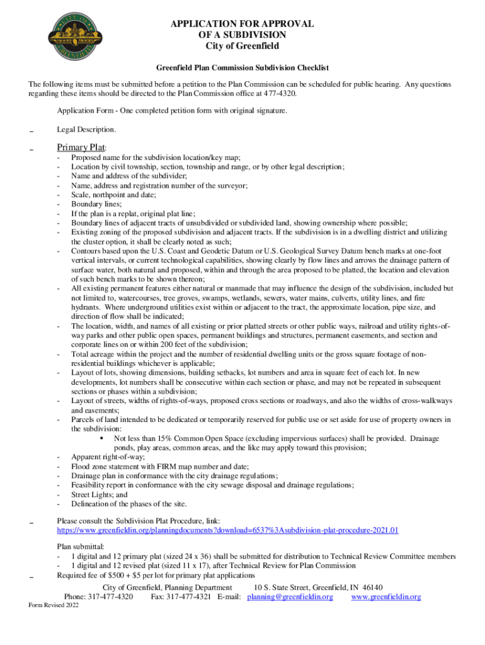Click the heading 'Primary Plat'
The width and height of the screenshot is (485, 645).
(80, 148)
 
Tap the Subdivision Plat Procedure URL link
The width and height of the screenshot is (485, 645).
(227, 530)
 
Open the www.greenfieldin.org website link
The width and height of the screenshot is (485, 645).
(385, 596)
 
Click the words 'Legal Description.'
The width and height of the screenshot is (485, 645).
(86, 129)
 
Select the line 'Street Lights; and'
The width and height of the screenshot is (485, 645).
(99, 494)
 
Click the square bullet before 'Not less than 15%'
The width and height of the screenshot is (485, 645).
(102, 438)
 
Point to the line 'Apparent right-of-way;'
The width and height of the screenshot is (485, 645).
(108, 457)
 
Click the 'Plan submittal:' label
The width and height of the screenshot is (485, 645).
(81, 547)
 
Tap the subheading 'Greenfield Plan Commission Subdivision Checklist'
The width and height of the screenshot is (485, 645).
(243, 67)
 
